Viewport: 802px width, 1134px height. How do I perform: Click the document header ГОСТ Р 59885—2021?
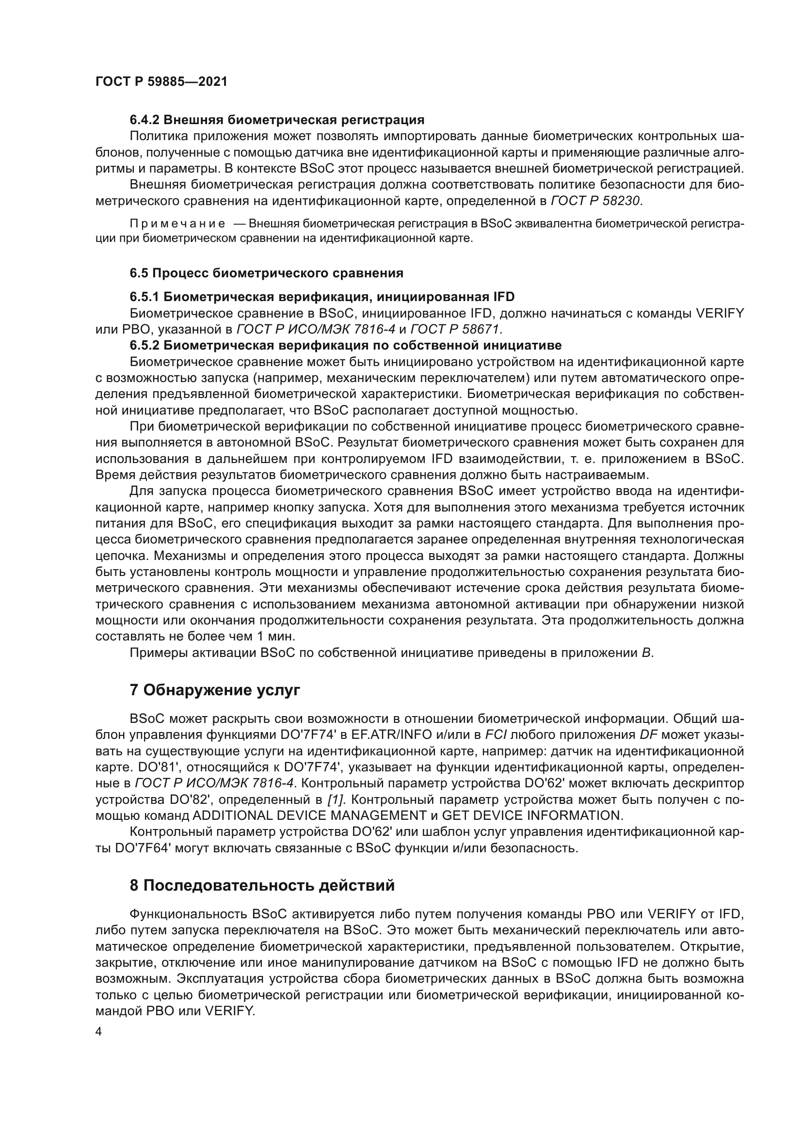[x=161, y=82]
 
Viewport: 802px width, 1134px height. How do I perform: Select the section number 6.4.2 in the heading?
[x=144, y=120]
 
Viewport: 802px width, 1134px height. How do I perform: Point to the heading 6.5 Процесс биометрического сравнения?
[x=266, y=273]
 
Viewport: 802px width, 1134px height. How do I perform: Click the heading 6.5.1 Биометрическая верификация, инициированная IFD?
[x=322, y=297]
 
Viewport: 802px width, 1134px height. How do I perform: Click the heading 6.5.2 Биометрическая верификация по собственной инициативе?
[x=346, y=345]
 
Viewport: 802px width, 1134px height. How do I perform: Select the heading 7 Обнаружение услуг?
[x=215, y=690]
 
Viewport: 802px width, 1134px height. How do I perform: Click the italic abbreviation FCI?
[x=496, y=735]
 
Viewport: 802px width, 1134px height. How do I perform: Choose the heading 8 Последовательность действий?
[x=262, y=886]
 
